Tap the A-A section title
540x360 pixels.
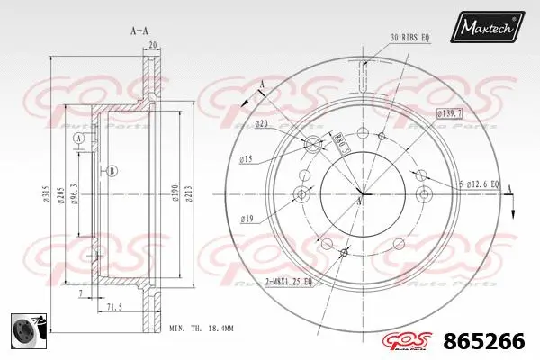139,31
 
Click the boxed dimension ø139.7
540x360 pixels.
449,112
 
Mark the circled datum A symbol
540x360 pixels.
79,139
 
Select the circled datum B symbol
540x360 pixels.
112,171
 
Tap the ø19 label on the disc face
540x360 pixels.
247,218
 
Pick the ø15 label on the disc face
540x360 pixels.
247,160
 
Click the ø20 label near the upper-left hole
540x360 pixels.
261,123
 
